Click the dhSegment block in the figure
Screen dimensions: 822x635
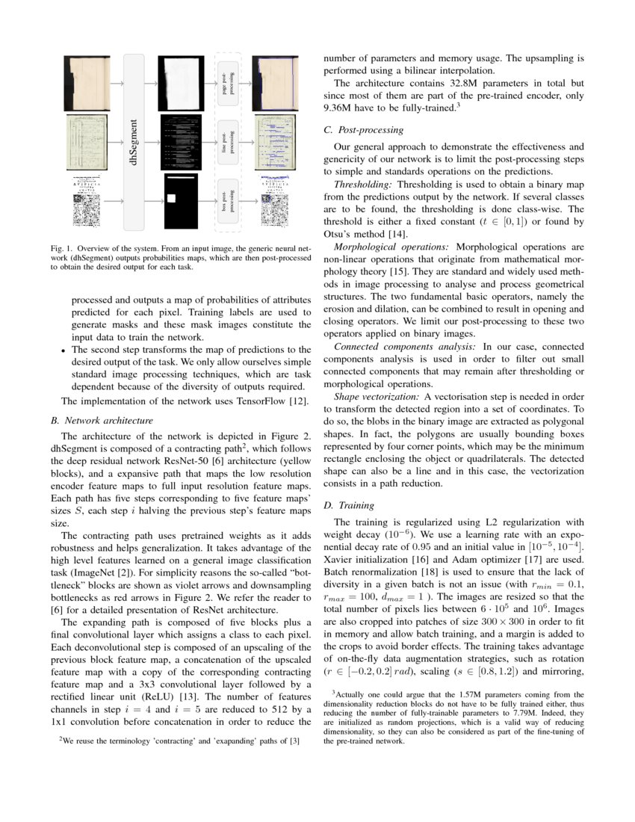134,142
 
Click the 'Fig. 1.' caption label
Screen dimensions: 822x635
61,247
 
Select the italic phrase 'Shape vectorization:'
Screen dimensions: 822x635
377,397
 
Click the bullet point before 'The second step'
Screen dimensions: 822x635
64,350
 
